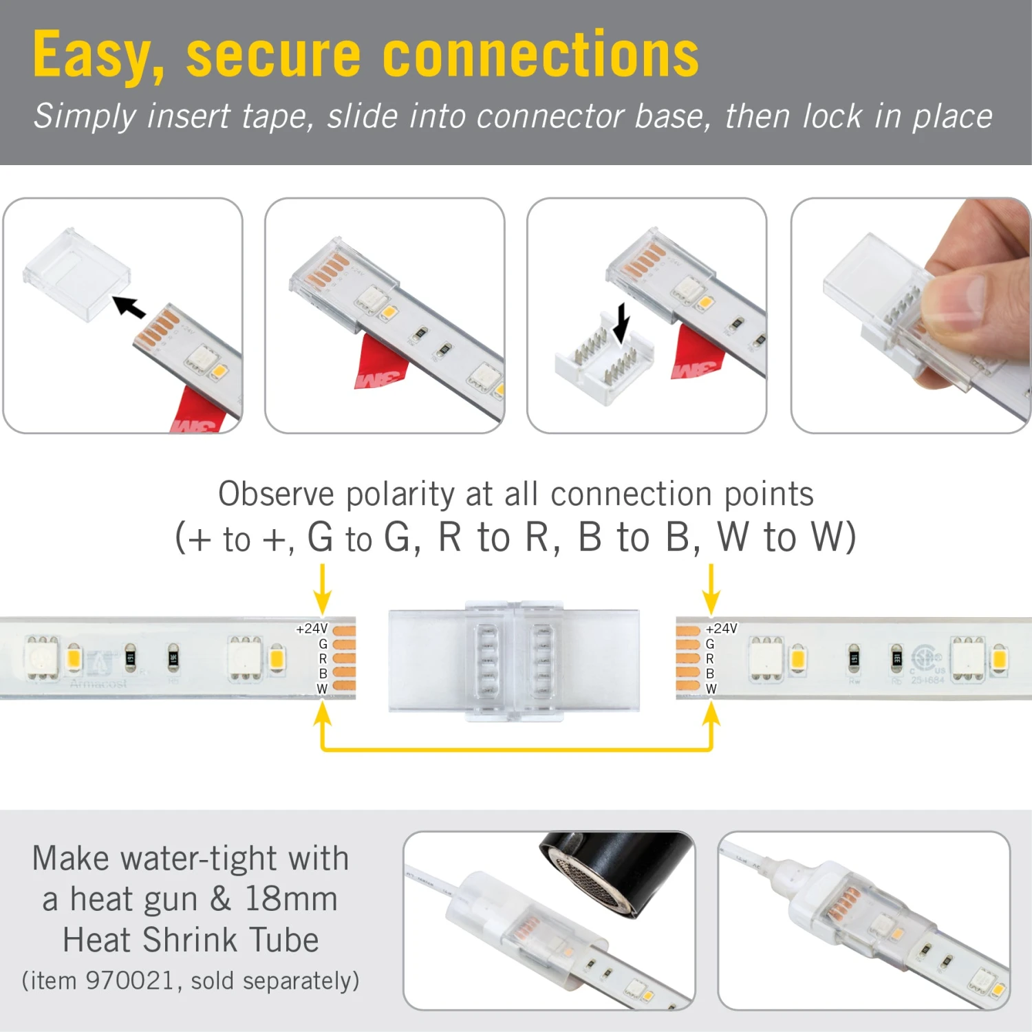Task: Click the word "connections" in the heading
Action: [x=540, y=55]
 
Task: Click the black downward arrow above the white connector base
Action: [x=621, y=323]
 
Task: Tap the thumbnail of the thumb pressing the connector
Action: [x=910, y=315]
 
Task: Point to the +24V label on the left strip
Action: [x=312, y=629]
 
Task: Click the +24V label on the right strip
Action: [x=721, y=629]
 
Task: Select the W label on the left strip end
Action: [x=322, y=689]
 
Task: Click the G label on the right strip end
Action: [x=710, y=644]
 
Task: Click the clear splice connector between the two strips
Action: [x=514, y=660]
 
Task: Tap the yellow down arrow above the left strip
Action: [x=322, y=589]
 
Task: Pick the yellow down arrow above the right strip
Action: [x=711, y=589]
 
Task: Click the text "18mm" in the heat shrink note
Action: [x=291, y=899]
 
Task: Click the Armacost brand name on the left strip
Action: [x=98, y=684]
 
